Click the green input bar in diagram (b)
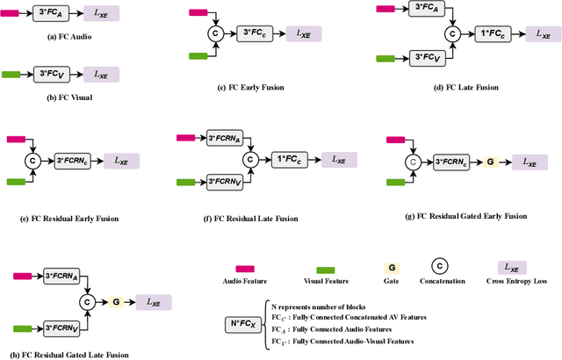tap(16, 75)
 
